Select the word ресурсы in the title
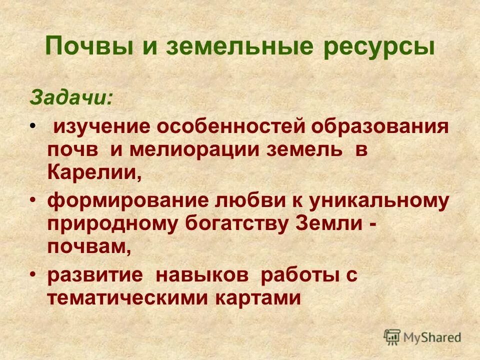coord(375,47)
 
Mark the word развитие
coord(95,276)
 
